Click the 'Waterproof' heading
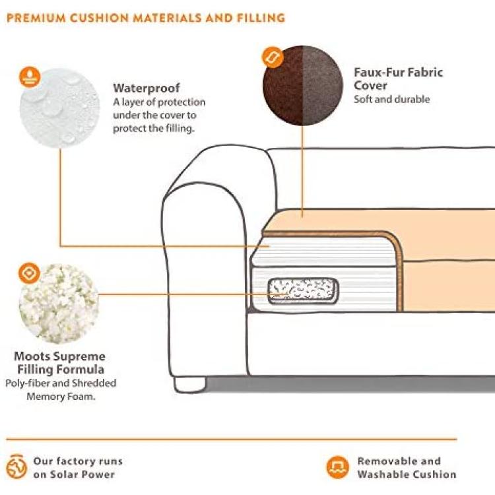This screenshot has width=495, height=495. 146,88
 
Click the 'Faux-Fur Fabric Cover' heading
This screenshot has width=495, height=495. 398,79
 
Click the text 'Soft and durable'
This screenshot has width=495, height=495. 391,100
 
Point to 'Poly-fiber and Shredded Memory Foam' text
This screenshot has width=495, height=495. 61,389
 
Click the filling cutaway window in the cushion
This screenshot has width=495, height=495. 301,290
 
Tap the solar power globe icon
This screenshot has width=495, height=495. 17,467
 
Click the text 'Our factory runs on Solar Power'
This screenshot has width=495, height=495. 78,467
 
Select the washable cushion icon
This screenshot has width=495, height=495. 337,467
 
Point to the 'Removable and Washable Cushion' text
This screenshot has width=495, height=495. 407,467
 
